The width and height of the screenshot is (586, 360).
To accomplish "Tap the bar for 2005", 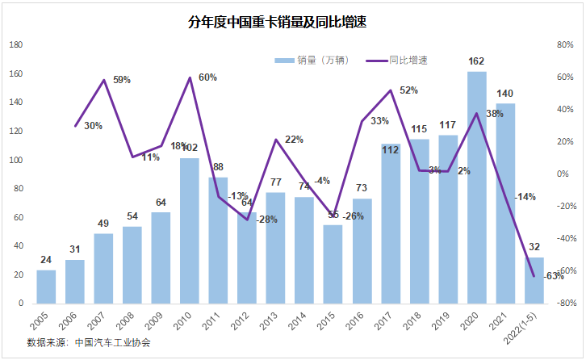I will click(x=46, y=287).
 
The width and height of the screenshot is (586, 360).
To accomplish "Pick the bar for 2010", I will click(x=190, y=234).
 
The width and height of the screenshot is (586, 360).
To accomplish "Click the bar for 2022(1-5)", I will click(x=534, y=280).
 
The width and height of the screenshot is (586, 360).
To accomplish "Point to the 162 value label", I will click(x=476, y=61).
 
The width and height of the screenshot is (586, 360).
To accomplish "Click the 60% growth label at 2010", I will click(x=207, y=77).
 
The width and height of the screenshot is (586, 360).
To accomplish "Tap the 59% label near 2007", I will click(x=122, y=80).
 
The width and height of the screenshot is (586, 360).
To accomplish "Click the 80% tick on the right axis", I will click(x=564, y=45).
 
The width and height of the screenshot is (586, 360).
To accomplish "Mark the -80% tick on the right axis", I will click(x=563, y=303).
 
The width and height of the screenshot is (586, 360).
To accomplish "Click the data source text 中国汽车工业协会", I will click(x=112, y=342).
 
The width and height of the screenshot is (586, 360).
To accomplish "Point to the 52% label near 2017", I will click(x=408, y=90).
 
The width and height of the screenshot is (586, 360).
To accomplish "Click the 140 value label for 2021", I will click(x=505, y=93).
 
